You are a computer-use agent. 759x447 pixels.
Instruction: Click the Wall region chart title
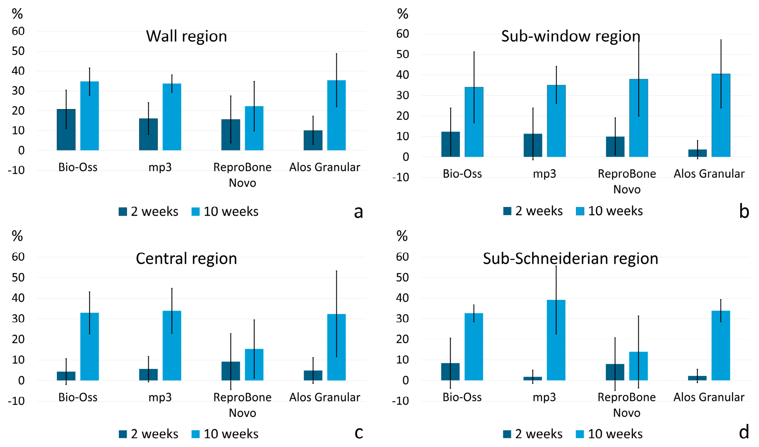tap(186, 36)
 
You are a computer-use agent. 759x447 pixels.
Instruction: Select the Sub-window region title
tap(571, 36)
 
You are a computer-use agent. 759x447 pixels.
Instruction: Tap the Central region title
tap(186, 258)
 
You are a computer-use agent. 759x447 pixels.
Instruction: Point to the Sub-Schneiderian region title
tap(571, 258)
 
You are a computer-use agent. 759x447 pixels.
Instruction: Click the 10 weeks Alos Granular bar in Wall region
tap(336, 115)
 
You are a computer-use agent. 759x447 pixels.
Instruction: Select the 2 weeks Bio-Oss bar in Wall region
tap(66, 130)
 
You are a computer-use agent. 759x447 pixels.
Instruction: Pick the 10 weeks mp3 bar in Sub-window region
tap(556, 121)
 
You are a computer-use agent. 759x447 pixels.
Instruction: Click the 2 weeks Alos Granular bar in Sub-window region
tap(697, 153)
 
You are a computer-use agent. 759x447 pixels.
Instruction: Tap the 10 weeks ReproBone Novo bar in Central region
tap(254, 365)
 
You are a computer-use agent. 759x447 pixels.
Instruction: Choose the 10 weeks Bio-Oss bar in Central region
tap(90, 347)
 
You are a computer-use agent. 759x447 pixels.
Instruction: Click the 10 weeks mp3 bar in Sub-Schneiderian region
tap(556, 340)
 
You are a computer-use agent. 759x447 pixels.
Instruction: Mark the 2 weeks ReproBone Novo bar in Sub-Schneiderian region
tap(615, 372)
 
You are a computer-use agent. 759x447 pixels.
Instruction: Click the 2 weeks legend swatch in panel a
tap(123, 212)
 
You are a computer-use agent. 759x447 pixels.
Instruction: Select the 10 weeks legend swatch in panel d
tap(580, 434)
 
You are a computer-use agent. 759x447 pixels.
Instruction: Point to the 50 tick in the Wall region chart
tap(18, 51)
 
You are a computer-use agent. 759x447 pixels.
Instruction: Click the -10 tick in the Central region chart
tap(16, 401)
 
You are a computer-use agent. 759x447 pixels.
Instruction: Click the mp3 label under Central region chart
tap(160, 397)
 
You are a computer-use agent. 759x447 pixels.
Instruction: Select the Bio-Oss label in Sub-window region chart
tap(462, 174)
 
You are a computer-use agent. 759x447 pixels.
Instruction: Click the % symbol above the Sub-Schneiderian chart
tap(402, 236)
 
